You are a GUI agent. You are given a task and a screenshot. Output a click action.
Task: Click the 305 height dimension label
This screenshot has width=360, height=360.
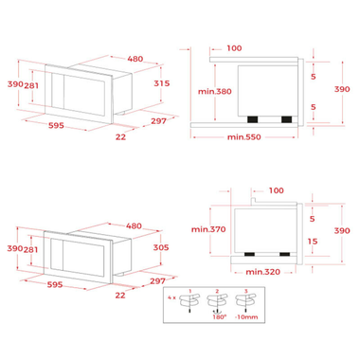point(161,247)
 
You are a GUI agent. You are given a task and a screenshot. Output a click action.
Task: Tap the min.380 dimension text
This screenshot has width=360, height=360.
point(214,92)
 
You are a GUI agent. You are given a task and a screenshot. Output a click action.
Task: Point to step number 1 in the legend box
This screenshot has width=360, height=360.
point(189,290)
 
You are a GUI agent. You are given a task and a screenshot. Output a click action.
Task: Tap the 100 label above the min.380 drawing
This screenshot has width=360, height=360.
point(235,47)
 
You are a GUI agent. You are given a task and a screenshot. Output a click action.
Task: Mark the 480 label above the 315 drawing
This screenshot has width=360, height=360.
point(135,59)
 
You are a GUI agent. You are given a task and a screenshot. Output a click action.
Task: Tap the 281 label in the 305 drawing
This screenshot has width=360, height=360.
point(30,248)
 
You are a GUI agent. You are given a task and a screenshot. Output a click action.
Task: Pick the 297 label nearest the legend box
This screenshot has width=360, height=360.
point(157,282)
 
